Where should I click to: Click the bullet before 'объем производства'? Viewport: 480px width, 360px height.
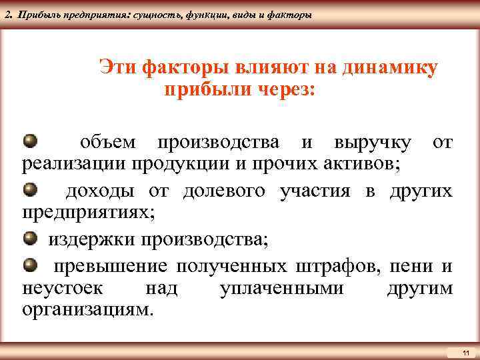(x=31, y=141)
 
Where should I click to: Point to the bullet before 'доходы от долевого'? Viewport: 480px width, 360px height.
(x=31, y=190)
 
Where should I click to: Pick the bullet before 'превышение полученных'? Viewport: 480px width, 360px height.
(x=31, y=266)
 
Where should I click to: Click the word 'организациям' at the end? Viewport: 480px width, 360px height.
(x=87, y=310)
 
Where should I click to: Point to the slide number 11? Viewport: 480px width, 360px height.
(x=465, y=351)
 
